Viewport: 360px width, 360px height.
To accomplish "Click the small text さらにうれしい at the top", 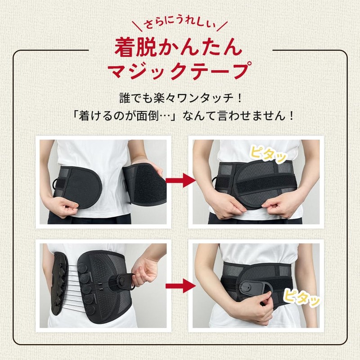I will [x=180, y=23].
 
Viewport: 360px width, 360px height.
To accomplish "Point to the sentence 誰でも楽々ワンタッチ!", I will [x=180, y=98].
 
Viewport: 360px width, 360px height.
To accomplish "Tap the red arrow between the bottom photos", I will [x=180, y=285].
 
